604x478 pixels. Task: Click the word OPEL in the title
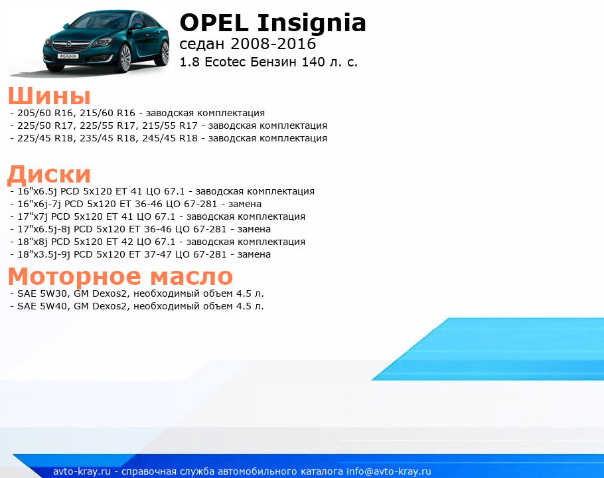point(214,23)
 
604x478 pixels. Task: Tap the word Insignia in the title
point(312,24)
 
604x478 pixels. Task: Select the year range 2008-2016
point(273,44)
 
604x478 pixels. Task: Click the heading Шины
point(49,96)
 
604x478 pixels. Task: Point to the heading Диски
point(49,175)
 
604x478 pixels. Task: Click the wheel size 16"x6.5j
point(37,191)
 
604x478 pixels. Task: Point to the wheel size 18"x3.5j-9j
point(44,254)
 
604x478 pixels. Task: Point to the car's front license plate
point(68,56)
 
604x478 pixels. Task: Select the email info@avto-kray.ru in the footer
point(389,471)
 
